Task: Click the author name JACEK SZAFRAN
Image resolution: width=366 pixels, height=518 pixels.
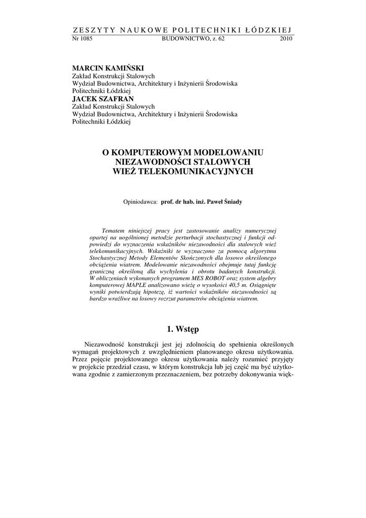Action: click(x=99, y=99)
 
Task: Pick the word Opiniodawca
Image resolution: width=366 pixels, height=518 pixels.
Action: click(x=141, y=202)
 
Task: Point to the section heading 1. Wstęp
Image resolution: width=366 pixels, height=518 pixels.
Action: click(x=182, y=329)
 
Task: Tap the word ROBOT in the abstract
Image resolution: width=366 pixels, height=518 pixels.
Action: click(x=228, y=279)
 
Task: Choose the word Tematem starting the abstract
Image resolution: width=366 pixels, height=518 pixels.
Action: click(x=114, y=230)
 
